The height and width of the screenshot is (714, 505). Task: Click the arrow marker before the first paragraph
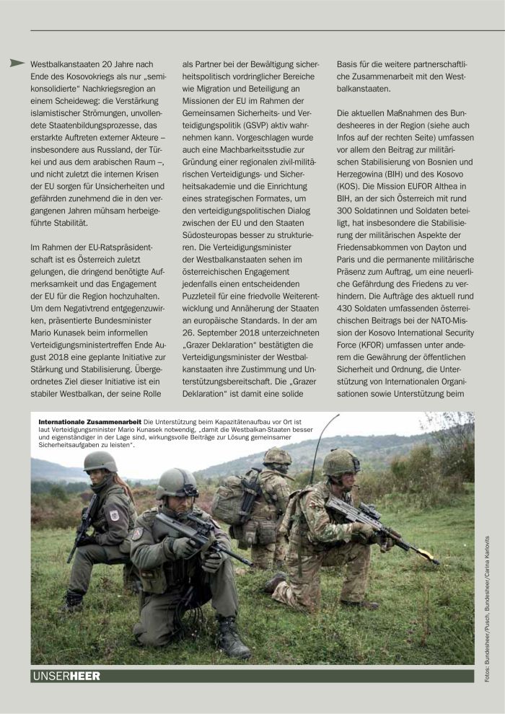(x=17, y=63)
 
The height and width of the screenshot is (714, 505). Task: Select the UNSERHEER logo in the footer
(x=66, y=675)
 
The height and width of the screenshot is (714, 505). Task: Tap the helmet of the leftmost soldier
(x=100, y=462)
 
